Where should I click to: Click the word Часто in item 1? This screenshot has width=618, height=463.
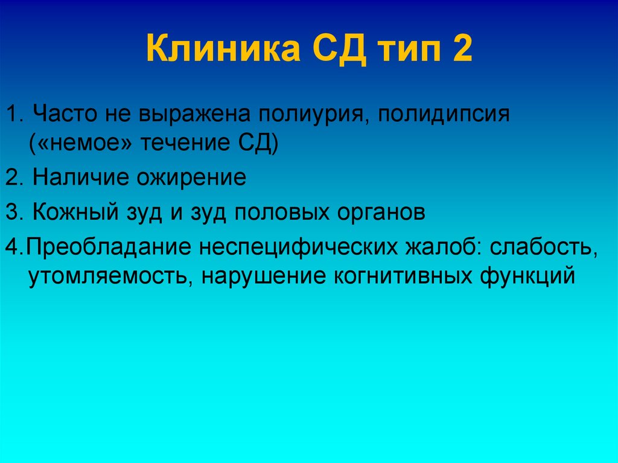[x=65, y=113]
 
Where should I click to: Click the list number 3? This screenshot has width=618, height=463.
[x=14, y=212]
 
